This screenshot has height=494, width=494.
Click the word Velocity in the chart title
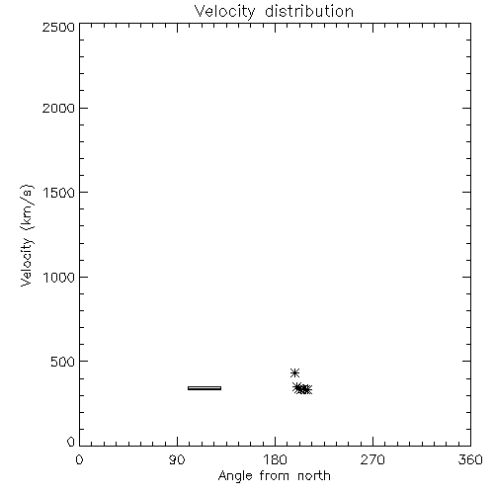(224, 12)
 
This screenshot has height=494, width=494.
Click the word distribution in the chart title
(309, 11)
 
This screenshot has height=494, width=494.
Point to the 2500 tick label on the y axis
(58, 27)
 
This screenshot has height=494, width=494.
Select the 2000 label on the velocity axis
(58, 108)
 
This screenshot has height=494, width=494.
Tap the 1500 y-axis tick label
(59, 193)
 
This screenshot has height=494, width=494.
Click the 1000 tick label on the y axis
(59, 278)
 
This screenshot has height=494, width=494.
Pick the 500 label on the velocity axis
(63, 362)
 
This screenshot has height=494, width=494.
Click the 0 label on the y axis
(71, 442)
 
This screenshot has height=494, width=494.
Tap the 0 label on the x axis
(79, 459)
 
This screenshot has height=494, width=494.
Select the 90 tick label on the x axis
(177, 459)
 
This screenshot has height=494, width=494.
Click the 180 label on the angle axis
(275, 459)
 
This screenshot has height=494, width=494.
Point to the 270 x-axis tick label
(372, 459)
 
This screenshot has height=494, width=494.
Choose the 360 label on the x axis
(470, 459)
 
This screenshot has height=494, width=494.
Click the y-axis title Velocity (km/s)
(27, 235)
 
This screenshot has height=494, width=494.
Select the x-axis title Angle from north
(275, 476)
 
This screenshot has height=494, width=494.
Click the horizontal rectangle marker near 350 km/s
(205, 388)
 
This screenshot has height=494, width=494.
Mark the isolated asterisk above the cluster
(294, 373)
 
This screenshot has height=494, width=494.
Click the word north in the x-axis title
(314, 476)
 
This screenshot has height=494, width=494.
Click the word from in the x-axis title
(275, 476)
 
